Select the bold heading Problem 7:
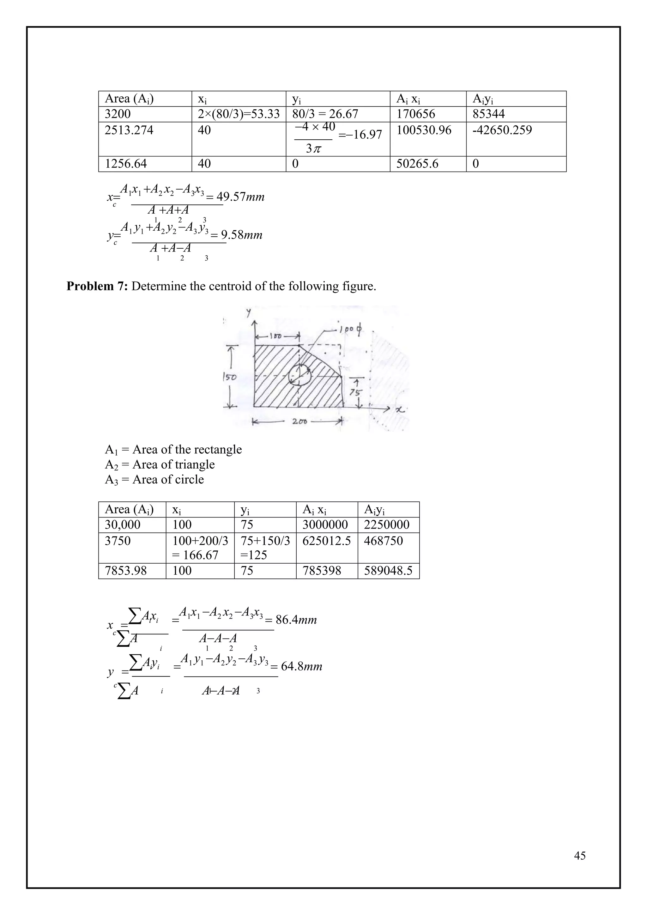pyautogui.click(x=97, y=286)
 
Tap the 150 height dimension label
pyautogui.click(x=229, y=377)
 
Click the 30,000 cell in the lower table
pyautogui.click(x=122, y=524)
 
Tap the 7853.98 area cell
pyautogui.click(x=125, y=571)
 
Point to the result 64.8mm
pyautogui.click(x=301, y=666)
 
